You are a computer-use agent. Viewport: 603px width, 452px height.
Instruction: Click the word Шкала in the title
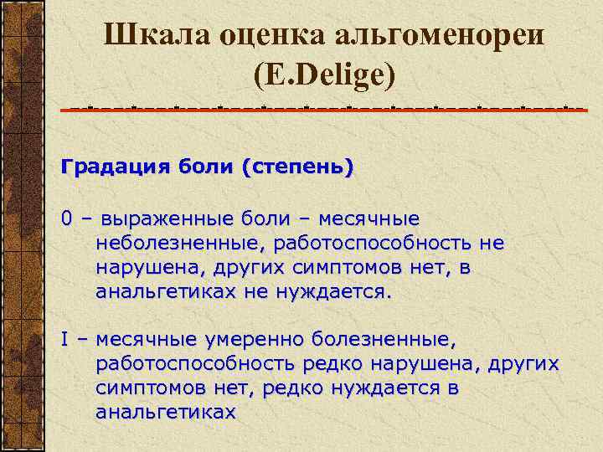click(150, 35)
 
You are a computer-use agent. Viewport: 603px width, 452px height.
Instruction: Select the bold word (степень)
click(297, 167)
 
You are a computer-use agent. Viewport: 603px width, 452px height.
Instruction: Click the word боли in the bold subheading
click(206, 167)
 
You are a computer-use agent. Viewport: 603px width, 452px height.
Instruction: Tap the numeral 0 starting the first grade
click(66, 219)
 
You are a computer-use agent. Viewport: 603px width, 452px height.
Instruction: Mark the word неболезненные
click(167, 244)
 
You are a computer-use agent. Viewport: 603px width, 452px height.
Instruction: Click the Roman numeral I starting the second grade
click(64, 340)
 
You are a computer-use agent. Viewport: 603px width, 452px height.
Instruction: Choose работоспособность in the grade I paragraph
click(194, 365)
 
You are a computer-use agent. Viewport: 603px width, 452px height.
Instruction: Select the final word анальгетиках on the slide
click(166, 413)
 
